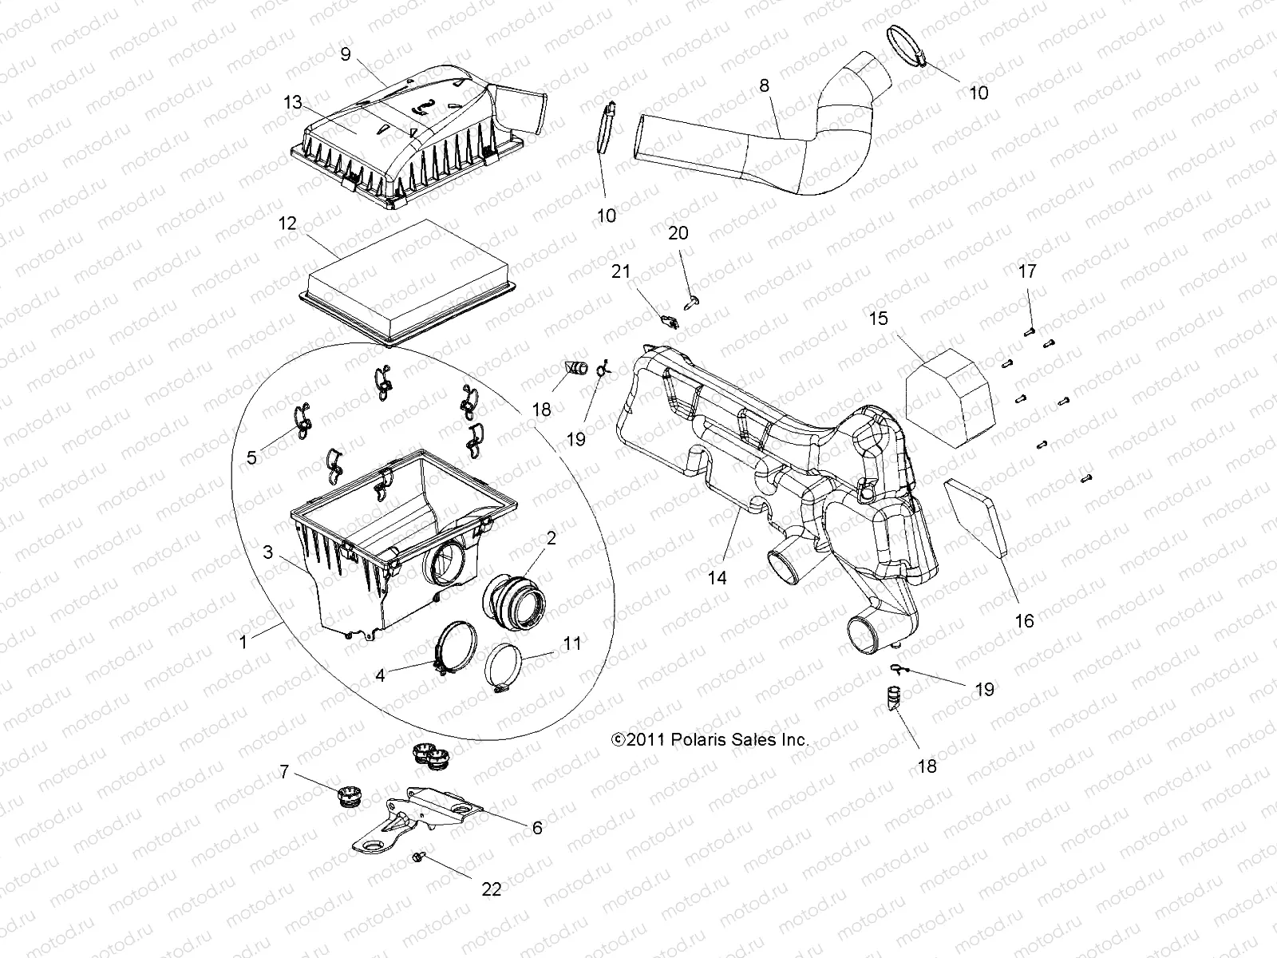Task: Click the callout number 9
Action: (x=346, y=54)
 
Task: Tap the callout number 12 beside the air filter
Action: (x=287, y=224)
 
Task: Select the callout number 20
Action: (x=678, y=233)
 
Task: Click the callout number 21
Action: (x=621, y=272)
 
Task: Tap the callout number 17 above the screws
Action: (x=1027, y=271)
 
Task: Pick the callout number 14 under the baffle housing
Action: (x=718, y=576)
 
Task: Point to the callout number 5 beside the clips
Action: (x=251, y=457)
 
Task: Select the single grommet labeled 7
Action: (x=348, y=795)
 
